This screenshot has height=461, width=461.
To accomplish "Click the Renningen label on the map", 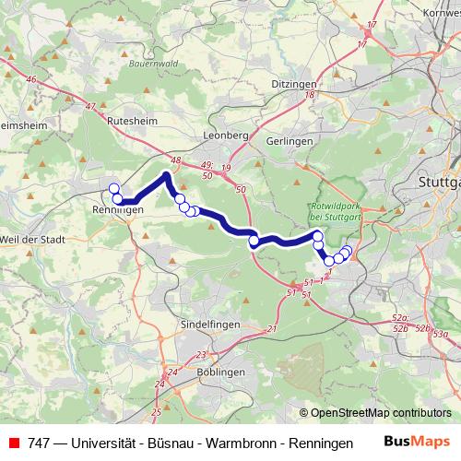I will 117,210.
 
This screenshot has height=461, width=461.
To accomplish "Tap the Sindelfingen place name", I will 209,325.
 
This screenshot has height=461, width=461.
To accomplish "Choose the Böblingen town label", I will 221,372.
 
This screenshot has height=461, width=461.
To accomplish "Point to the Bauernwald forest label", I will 153,64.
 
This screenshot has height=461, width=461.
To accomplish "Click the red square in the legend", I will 14,443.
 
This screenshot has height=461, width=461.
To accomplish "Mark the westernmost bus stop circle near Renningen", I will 114,189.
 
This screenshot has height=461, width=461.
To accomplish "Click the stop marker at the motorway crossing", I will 254,242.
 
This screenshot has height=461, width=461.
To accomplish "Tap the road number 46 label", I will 31,80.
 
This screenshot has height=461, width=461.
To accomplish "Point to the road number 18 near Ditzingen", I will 311,94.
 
